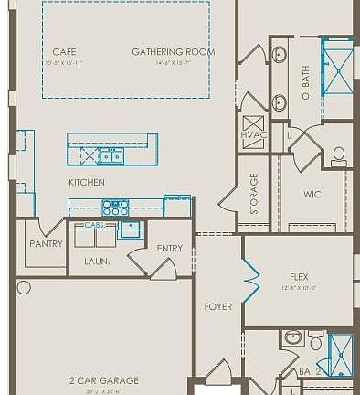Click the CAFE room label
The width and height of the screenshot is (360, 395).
tap(64, 52)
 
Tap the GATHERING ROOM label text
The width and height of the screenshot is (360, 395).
tap(174, 52)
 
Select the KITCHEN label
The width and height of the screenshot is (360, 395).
tap(87, 183)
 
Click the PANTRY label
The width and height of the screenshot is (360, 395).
tap(46, 244)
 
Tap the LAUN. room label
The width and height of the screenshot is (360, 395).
tap(97, 261)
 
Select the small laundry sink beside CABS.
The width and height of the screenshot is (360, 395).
tap(131, 229)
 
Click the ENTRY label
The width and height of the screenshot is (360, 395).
tap(169, 248)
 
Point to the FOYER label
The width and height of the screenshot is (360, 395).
tap(217, 306)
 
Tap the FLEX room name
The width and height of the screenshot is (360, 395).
tap(299, 275)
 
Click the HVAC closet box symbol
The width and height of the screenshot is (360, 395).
tap(253, 125)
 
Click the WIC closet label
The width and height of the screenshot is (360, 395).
tap(312, 194)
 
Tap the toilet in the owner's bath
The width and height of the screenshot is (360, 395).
tap(339, 155)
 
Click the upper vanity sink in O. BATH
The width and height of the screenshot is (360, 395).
tap(281, 54)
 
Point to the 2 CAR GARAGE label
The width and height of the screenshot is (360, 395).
tap(104, 380)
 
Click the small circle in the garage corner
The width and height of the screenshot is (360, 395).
tap(24, 287)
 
